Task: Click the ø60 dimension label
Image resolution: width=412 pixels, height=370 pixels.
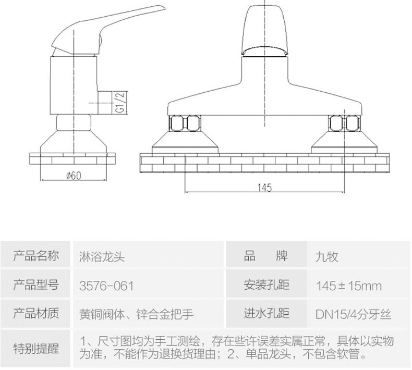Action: [x=74, y=176]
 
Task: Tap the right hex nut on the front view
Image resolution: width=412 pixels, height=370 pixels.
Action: [x=344, y=124]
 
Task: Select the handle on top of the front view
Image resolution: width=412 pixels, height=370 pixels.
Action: [x=266, y=29]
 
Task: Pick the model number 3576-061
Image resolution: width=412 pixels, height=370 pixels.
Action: [x=106, y=286]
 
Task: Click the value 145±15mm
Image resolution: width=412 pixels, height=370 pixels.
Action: [x=348, y=286]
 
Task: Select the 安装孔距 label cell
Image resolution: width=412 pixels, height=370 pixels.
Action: [x=266, y=285]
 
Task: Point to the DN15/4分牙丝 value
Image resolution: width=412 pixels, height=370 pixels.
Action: [x=353, y=314]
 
